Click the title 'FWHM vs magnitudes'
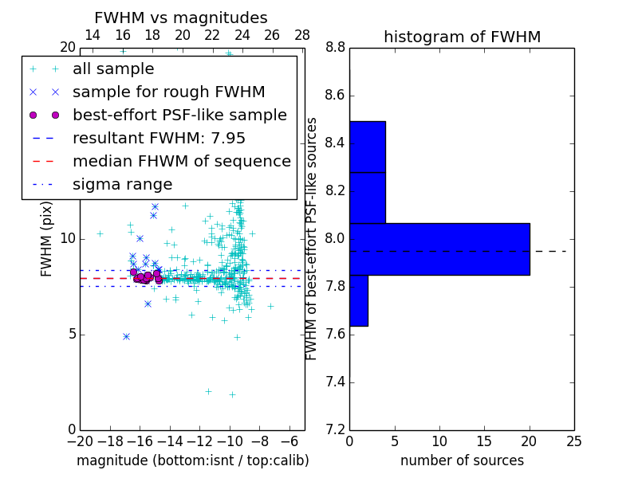[x=180, y=18]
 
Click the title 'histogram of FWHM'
[x=462, y=37]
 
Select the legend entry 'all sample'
[x=113, y=69]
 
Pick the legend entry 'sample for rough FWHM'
[x=168, y=92]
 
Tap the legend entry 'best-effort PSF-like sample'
[x=179, y=115]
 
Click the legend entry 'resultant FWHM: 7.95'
[x=159, y=138]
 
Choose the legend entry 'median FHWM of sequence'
[x=181, y=161]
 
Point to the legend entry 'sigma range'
[x=122, y=184]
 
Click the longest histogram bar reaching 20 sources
[x=439, y=249]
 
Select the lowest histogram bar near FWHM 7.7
[x=358, y=300]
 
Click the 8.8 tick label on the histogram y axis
[x=336, y=48]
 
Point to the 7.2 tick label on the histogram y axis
[x=336, y=430]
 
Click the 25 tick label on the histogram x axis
[x=573, y=441]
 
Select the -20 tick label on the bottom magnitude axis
[x=80, y=441]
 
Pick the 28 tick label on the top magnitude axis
[x=302, y=35]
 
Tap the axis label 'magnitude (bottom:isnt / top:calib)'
[x=192, y=460]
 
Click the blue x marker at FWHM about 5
[x=126, y=337]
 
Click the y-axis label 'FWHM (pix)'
[x=47, y=238]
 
